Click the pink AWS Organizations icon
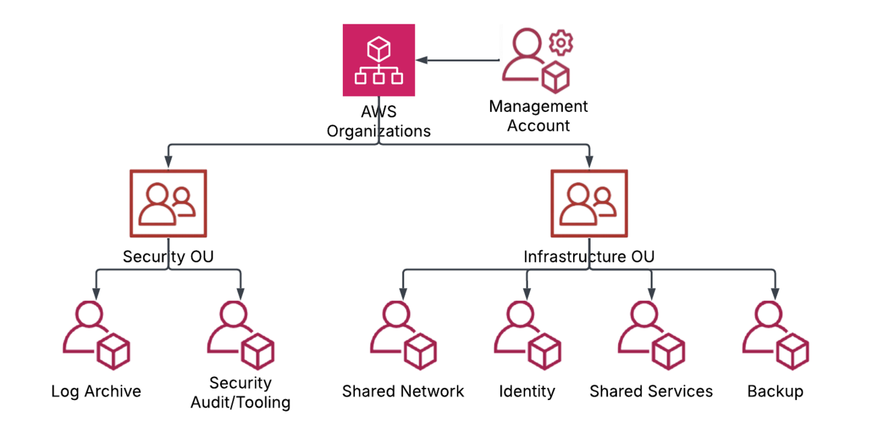point(379,60)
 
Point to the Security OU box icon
point(167,204)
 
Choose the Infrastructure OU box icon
point(589,204)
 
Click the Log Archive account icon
point(96,335)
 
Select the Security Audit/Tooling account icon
point(240,335)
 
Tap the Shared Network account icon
point(403,335)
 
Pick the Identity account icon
point(527,335)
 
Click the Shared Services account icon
point(651,335)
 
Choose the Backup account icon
point(775,335)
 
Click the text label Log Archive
point(96,391)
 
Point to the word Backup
point(775,391)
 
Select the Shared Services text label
point(651,391)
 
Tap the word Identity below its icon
point(527,391)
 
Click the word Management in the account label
point(539,107)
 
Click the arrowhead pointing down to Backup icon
point(775,294)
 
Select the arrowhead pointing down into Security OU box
point(167,163)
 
